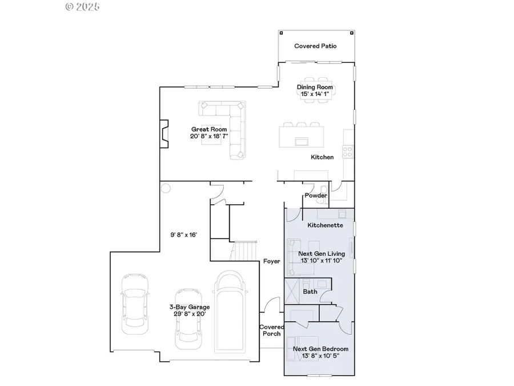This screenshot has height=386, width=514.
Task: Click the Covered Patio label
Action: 315,46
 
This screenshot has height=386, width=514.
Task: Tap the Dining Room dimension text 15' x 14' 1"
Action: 315,94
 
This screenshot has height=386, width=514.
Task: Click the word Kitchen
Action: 322,157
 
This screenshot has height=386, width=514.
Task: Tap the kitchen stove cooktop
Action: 347,152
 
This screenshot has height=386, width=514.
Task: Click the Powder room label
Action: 316,196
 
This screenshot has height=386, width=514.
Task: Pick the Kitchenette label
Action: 325,225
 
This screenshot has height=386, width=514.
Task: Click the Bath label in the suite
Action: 310,292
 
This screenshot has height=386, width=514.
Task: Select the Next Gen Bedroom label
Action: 320,349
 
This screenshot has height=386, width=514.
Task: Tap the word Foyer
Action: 271,261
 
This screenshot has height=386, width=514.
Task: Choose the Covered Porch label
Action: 271,331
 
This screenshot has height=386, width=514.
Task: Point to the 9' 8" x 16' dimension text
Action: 183,235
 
